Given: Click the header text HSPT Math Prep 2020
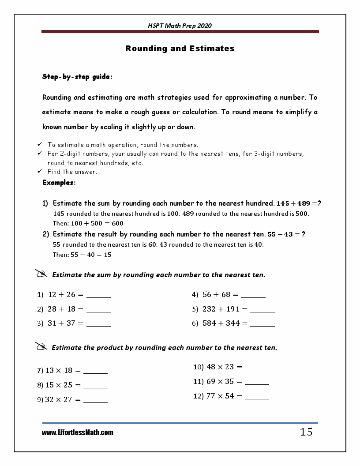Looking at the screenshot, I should tap(180, 26).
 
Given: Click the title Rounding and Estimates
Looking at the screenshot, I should tap(180, 49).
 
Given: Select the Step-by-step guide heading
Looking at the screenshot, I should tap(77, 77).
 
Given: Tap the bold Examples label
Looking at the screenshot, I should tap(59, 182).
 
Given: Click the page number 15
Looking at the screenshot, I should tap(306, 432).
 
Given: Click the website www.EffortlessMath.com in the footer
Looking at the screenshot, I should tap(78, 432).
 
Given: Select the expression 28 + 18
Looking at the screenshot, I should tap(61, 309).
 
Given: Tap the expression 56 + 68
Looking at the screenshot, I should tap(216, 295).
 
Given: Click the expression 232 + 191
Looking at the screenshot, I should tap(221, 309).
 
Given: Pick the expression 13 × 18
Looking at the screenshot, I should tap(59, 371).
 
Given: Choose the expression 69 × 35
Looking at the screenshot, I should tap(220, 381).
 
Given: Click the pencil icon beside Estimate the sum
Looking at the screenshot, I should tap(41, 274).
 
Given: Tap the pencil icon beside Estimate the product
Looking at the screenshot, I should tap(41, 347).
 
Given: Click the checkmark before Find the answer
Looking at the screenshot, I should tap(39, 172).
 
